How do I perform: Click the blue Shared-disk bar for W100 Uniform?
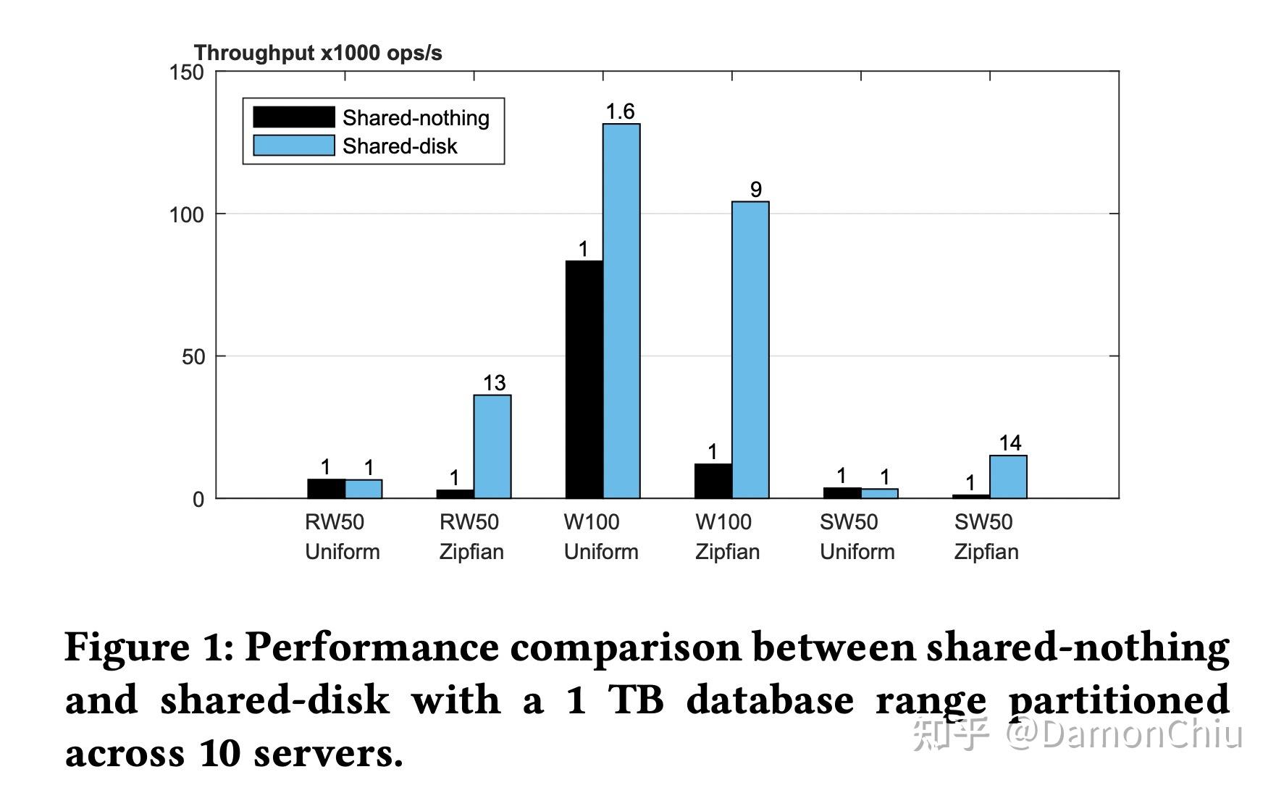(x=621, y=311)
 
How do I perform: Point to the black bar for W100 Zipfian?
(x=713, y=481)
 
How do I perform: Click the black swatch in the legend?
(x=293, y=117)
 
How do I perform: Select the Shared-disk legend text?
(x=400, y=146)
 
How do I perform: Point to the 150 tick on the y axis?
(x=186, y=72)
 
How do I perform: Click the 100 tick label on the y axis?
(x=186, y=214)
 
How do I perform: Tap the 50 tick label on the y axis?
(x=193, y=356)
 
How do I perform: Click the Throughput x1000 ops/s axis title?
(x=318, y=53)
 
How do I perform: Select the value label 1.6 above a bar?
(x=620, y=112)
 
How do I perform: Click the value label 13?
(x=494, y=383)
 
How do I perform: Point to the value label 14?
(x=1010, y=443)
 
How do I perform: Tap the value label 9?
(x=755, y=190)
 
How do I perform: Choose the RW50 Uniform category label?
(x=342, y=537)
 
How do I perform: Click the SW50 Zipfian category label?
(x=986, y=537)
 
